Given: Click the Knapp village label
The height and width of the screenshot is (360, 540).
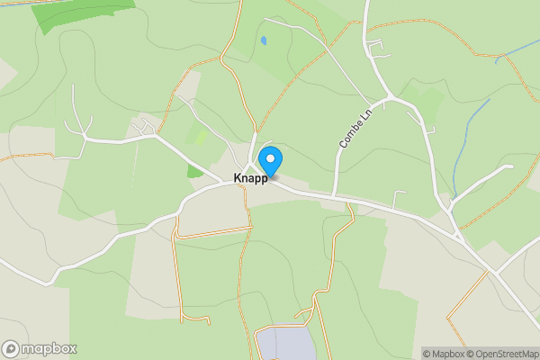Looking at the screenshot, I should click(x=250, y=178).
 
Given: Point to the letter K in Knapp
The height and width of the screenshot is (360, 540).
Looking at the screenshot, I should click(x=238, y=178).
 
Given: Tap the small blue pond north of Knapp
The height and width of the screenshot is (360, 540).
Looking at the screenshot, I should click(x=263, y=40).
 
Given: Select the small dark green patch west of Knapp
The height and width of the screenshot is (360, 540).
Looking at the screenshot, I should click(x=194, y=170).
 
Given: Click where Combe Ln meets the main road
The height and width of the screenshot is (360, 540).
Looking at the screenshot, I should click(x=335, y=197).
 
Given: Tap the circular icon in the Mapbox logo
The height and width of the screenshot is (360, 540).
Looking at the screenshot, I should click(x=11, y=349).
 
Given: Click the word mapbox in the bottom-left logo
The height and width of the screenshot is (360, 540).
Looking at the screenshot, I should click(x=49, y=349).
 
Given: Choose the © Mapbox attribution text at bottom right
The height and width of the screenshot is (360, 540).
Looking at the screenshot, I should click(x=444, y=354).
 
